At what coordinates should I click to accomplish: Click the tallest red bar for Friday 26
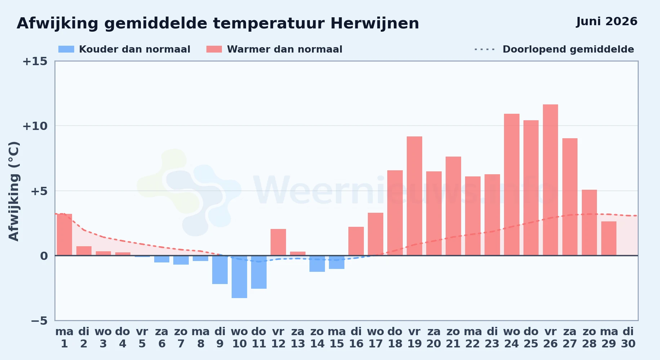(x=550, y=180)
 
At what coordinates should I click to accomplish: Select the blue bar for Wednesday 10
(x=239, y=277)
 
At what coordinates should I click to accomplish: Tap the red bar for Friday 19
(x=414, y=196)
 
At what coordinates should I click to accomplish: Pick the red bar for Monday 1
(x=64, y=235)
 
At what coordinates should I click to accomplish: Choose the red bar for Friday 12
(x=278, y=242)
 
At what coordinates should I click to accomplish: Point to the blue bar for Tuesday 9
(x=220, y=270)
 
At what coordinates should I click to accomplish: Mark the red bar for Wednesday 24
(x=512, y=185)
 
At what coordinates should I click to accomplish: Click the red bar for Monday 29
(x=609, y=238)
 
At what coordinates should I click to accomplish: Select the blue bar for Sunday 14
(x=317, y=264)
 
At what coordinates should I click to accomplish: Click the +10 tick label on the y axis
(x=35, y=126)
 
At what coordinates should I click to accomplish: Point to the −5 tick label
(x=39, y=321)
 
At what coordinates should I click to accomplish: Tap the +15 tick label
(x=35, y=61)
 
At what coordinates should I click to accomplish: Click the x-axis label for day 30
(x=628, y=338)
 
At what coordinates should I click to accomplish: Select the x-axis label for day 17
(x=375, y=338)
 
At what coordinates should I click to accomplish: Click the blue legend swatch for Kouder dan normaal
(x=66, y=49)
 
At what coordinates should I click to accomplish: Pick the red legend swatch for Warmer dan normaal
(x=214, y=49)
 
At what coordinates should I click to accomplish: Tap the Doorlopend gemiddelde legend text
(x=568, y=49)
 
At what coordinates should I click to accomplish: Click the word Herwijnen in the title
(x=375, y=24)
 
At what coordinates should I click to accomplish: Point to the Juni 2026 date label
(x=607, y=21)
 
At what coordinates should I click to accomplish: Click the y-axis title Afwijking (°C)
(x=14, y=191)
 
